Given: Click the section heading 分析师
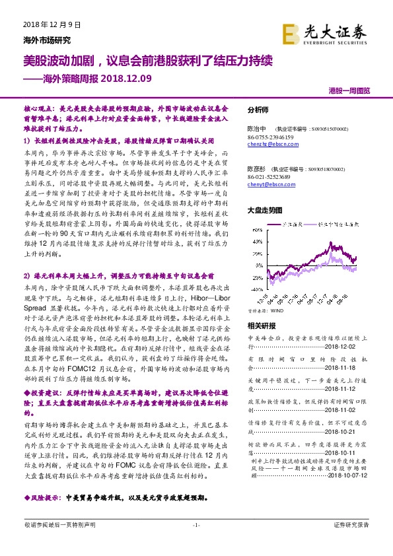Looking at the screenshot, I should [258, 110].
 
